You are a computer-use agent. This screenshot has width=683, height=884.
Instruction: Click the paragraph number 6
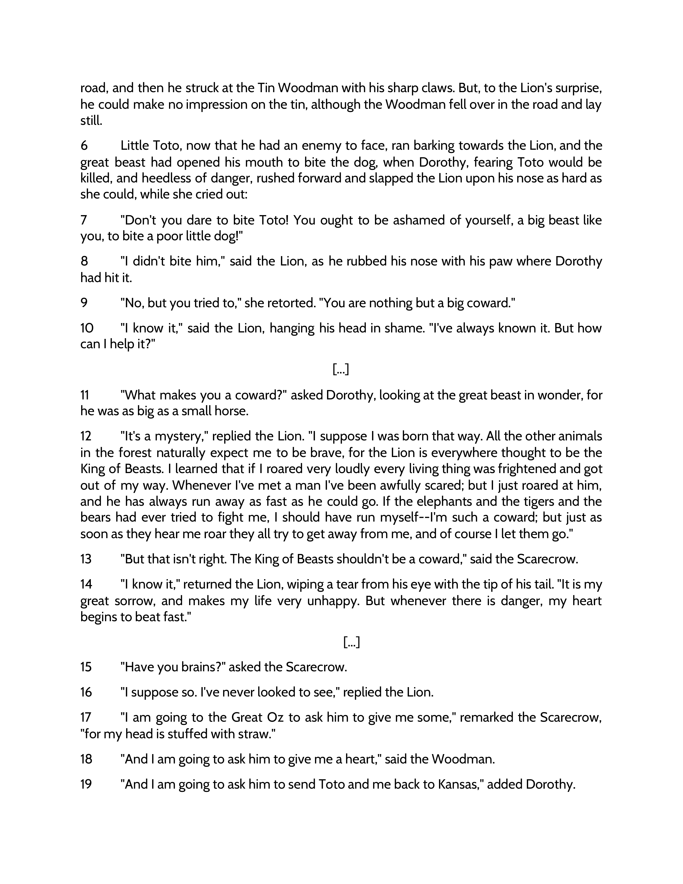click(x=84, y=145)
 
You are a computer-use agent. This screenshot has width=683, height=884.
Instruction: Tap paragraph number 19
click(x=86, y=784)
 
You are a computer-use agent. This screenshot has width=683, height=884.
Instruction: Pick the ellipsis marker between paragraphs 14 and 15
click(x=351, y=642)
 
